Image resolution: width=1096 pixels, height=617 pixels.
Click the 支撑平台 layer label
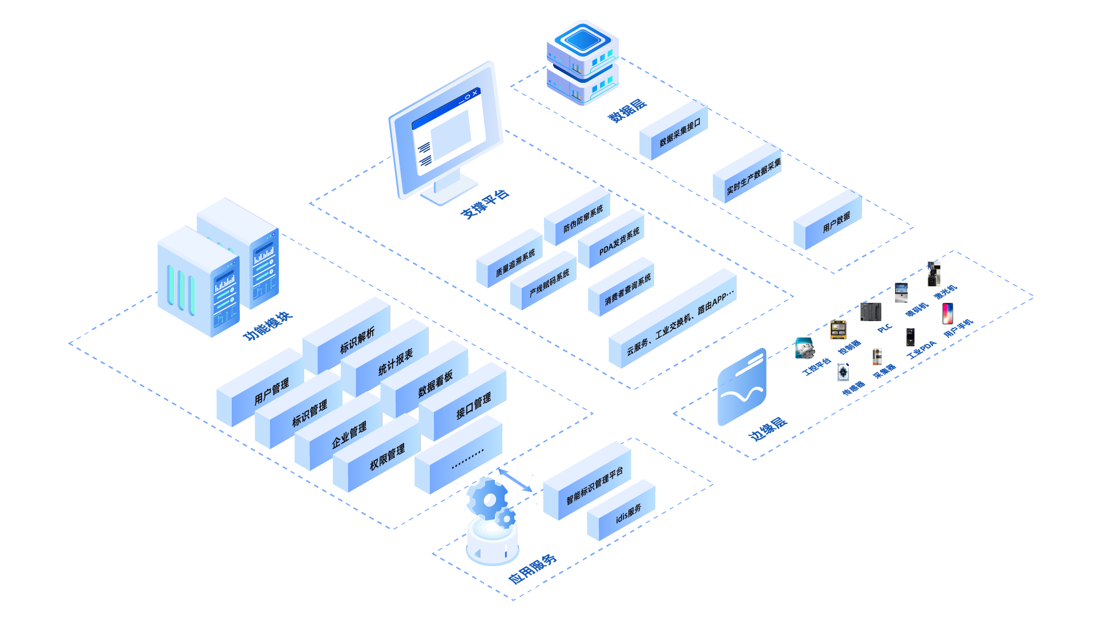[485, 204]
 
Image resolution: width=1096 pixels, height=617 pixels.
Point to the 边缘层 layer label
[768, 428]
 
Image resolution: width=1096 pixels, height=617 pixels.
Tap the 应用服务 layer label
[532, 569]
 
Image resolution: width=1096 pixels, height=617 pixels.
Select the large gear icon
[488, 499]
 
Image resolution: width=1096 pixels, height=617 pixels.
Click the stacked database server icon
[582, 63]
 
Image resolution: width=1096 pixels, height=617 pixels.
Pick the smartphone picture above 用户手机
[948, 313]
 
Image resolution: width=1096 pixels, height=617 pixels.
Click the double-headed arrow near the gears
[515, 480]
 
